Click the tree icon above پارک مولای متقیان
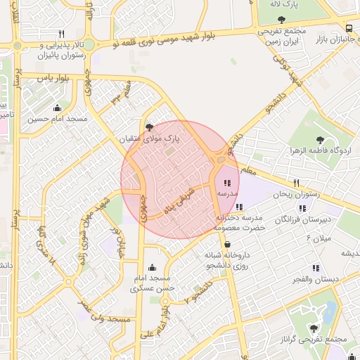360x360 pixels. [148, 127]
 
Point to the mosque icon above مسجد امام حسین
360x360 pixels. [57, 108]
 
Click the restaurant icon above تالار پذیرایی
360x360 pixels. [62, 34]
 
